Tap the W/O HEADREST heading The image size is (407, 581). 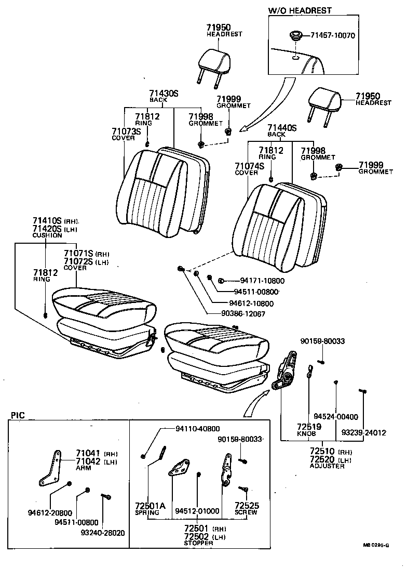click(x=300, y=10)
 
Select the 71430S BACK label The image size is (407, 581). click(x=164, y=96)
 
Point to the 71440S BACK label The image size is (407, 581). click(x=281, y=130)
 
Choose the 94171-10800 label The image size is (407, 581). click(x=255, y=281)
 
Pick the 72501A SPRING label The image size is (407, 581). click(x=150, y=508)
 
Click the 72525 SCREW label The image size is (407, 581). click(x=247, y=508)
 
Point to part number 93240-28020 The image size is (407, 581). click(x=102, y=533)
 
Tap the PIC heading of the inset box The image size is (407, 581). click(x=17, y=416)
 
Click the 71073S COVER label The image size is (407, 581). click(x=126, y=134)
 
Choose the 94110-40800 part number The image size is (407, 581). click(x=197, y=429)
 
